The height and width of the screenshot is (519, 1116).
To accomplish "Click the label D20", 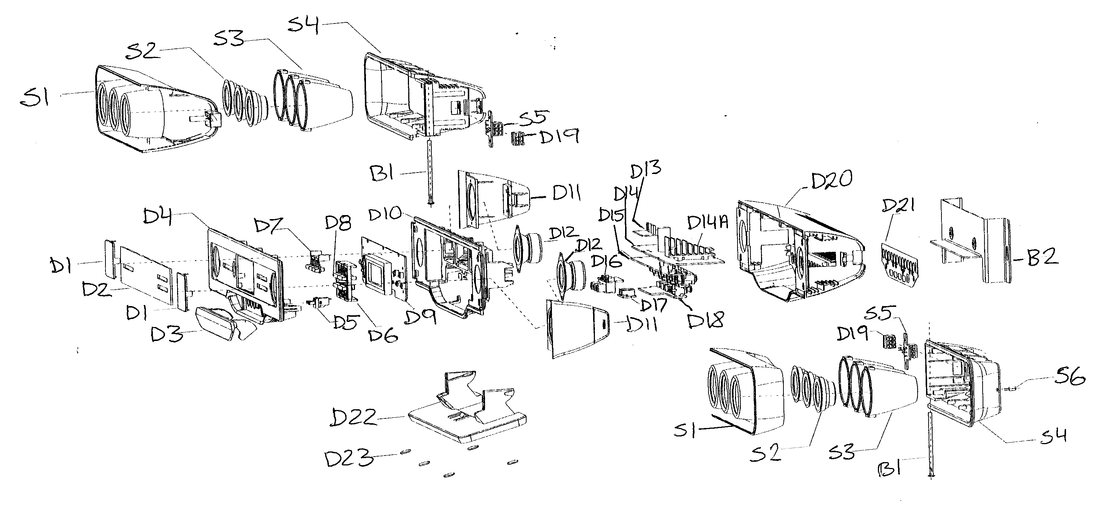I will click(831, 180).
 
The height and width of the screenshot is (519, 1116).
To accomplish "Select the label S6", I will click(1069, 377).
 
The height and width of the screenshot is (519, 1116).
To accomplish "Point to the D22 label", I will click(353, 418).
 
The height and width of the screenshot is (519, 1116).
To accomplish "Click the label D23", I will click(349, 458).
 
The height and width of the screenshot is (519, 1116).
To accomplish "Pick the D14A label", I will click(707, 222).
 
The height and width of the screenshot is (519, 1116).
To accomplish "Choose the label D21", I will click(898, 206).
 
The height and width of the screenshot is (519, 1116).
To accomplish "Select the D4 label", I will click(157, 217).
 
